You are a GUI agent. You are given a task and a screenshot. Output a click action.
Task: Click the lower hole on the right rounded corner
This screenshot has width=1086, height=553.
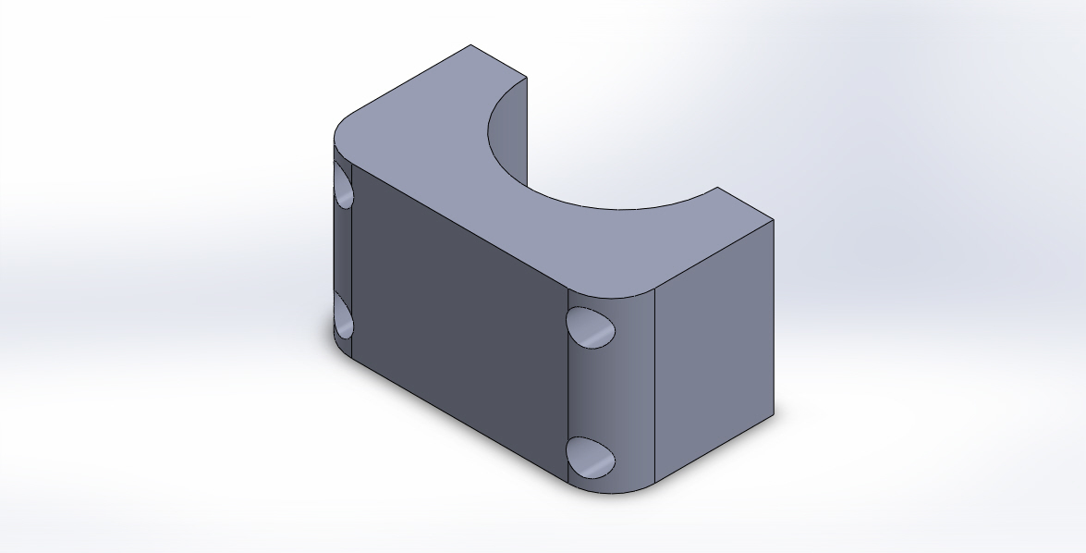591,458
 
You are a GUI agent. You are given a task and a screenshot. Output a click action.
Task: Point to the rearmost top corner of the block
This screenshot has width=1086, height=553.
470,44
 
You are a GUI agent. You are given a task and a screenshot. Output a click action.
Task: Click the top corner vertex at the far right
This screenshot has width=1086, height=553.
773,220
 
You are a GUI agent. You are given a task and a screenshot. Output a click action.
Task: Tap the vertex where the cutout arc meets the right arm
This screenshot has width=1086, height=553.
718,188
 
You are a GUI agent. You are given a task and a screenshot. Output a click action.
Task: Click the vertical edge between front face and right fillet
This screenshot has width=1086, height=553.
567,388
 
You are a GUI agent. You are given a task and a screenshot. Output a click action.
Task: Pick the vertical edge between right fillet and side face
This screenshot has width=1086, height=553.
654,388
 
